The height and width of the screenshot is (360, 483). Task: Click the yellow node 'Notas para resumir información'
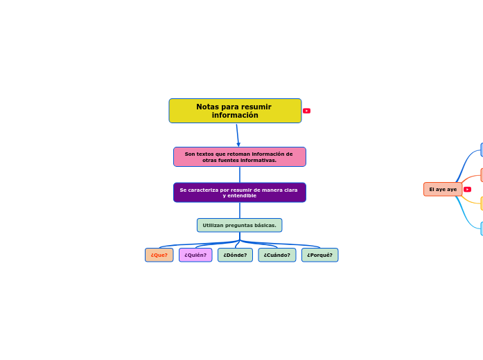click(x=235, y=111)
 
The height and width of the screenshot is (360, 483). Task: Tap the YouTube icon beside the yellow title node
click(x=306, y=111)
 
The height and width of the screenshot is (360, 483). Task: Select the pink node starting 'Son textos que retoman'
click(x=239, y=157)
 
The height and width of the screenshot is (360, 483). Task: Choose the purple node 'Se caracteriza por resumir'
click(x=239, y=192)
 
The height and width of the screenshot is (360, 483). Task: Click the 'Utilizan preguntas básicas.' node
click(x=239, y=225)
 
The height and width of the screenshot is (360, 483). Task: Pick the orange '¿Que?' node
click(x=159, y=255)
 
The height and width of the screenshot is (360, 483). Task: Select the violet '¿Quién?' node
click(x=195, y=255)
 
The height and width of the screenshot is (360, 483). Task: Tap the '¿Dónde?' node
click(x=235, y=255)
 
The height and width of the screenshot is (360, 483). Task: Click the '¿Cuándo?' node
click(x=276, y=255)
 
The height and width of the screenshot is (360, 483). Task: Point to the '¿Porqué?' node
click(x=319, y=255)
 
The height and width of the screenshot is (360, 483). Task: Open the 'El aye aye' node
click(x=442, y=189)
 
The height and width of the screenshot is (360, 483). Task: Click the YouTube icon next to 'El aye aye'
click(x=467, y=189)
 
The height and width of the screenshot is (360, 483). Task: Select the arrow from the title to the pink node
click(x=237, y=135)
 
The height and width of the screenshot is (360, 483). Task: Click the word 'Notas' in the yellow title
click(x=207, y=107)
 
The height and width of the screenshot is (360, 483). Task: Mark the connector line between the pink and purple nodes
click(x=240, y=174)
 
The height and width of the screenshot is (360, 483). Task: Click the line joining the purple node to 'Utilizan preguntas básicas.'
click(x=240, y=210)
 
